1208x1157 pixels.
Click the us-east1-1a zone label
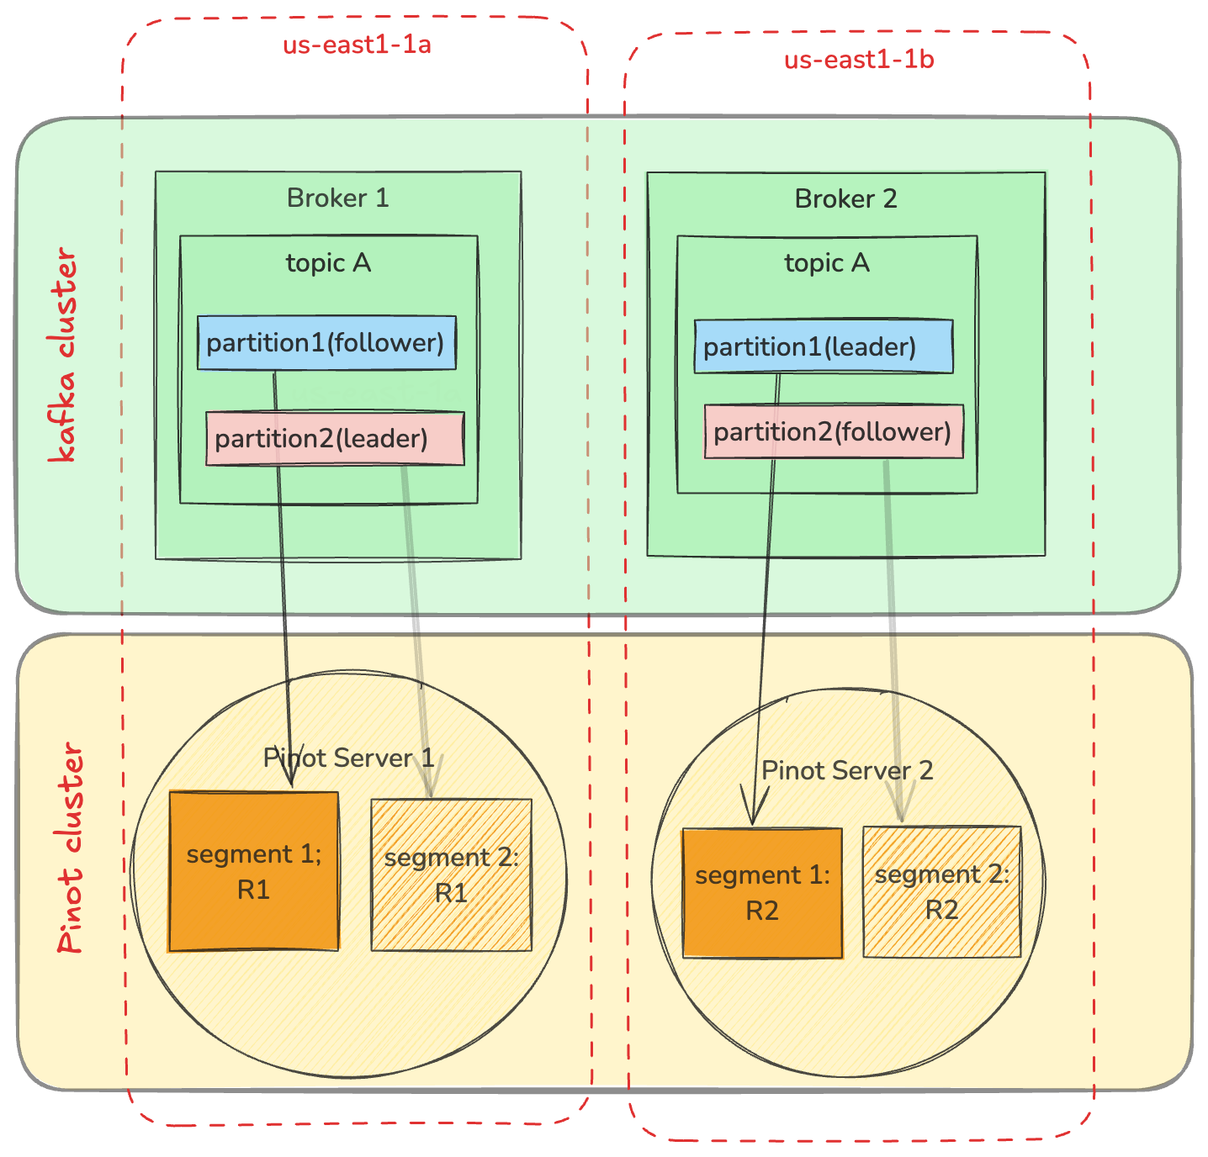click(357, 44)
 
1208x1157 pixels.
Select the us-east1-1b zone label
click(859, 60)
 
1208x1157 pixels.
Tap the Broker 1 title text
click(337, 198)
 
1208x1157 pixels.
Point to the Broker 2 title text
click(845, 198)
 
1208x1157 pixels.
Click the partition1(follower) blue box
click(326, 342)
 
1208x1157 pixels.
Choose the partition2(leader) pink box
click(335, 438)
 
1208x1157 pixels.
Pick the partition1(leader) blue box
click(823, 346)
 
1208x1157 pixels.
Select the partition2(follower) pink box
click(833, 431)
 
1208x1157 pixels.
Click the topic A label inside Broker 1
click(328, 263)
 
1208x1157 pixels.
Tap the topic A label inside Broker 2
click(826, 263)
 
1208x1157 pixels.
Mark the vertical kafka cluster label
click(62, 354)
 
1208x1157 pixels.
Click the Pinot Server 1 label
click(348, 758)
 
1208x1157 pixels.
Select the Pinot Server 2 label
click(847, 770)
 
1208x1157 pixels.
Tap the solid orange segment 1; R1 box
click(254, 871)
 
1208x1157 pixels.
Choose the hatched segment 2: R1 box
click(452, 874)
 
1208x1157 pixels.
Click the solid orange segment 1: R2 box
click(762, 893)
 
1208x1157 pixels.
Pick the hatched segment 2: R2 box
click(941, 891)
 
